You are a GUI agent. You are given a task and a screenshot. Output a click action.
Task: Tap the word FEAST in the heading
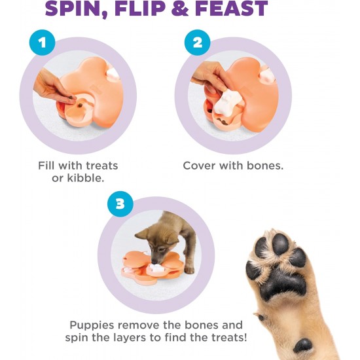point(232,8)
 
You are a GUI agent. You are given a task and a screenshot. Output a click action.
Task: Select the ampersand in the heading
point(181,8)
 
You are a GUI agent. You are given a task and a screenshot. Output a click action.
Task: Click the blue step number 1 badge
point(42,43)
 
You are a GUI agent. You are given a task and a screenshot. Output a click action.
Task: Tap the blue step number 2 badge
point(197,43)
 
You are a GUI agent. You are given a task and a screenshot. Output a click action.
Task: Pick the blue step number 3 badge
point(120,204)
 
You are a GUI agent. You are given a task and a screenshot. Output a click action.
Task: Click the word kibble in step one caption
point(86,178)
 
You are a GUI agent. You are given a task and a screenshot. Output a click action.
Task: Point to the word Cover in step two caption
point(199,166)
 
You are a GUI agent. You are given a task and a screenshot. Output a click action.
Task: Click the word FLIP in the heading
point(140,8)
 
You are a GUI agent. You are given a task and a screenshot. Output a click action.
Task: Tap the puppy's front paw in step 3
point(189,269)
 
